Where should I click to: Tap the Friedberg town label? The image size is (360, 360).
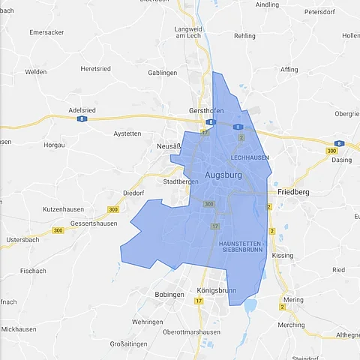point(293,192)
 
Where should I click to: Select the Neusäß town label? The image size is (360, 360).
point(170,145)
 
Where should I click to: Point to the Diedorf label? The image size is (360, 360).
point(133,192)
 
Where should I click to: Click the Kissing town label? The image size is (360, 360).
point(283,256)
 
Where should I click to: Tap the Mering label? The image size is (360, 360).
point(294,299)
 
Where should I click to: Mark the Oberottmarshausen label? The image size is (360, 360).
point(191,332)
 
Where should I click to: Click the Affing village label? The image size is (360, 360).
point(289,69)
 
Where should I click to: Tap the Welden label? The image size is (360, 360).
point(36,72)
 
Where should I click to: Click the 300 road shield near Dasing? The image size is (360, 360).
point(331,151)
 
